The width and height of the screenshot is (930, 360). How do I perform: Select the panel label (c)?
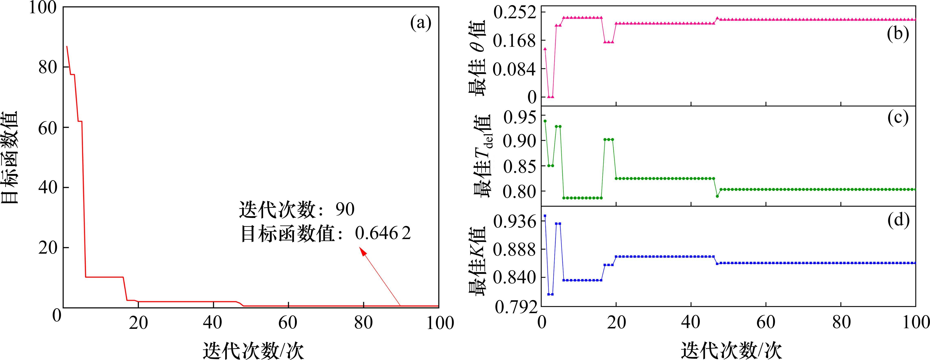898,118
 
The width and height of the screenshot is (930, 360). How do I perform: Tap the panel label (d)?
898,220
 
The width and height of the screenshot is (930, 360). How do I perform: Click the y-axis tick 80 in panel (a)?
48,67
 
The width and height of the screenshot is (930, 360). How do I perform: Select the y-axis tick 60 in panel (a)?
48,128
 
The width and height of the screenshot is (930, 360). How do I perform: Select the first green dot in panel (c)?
545,121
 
